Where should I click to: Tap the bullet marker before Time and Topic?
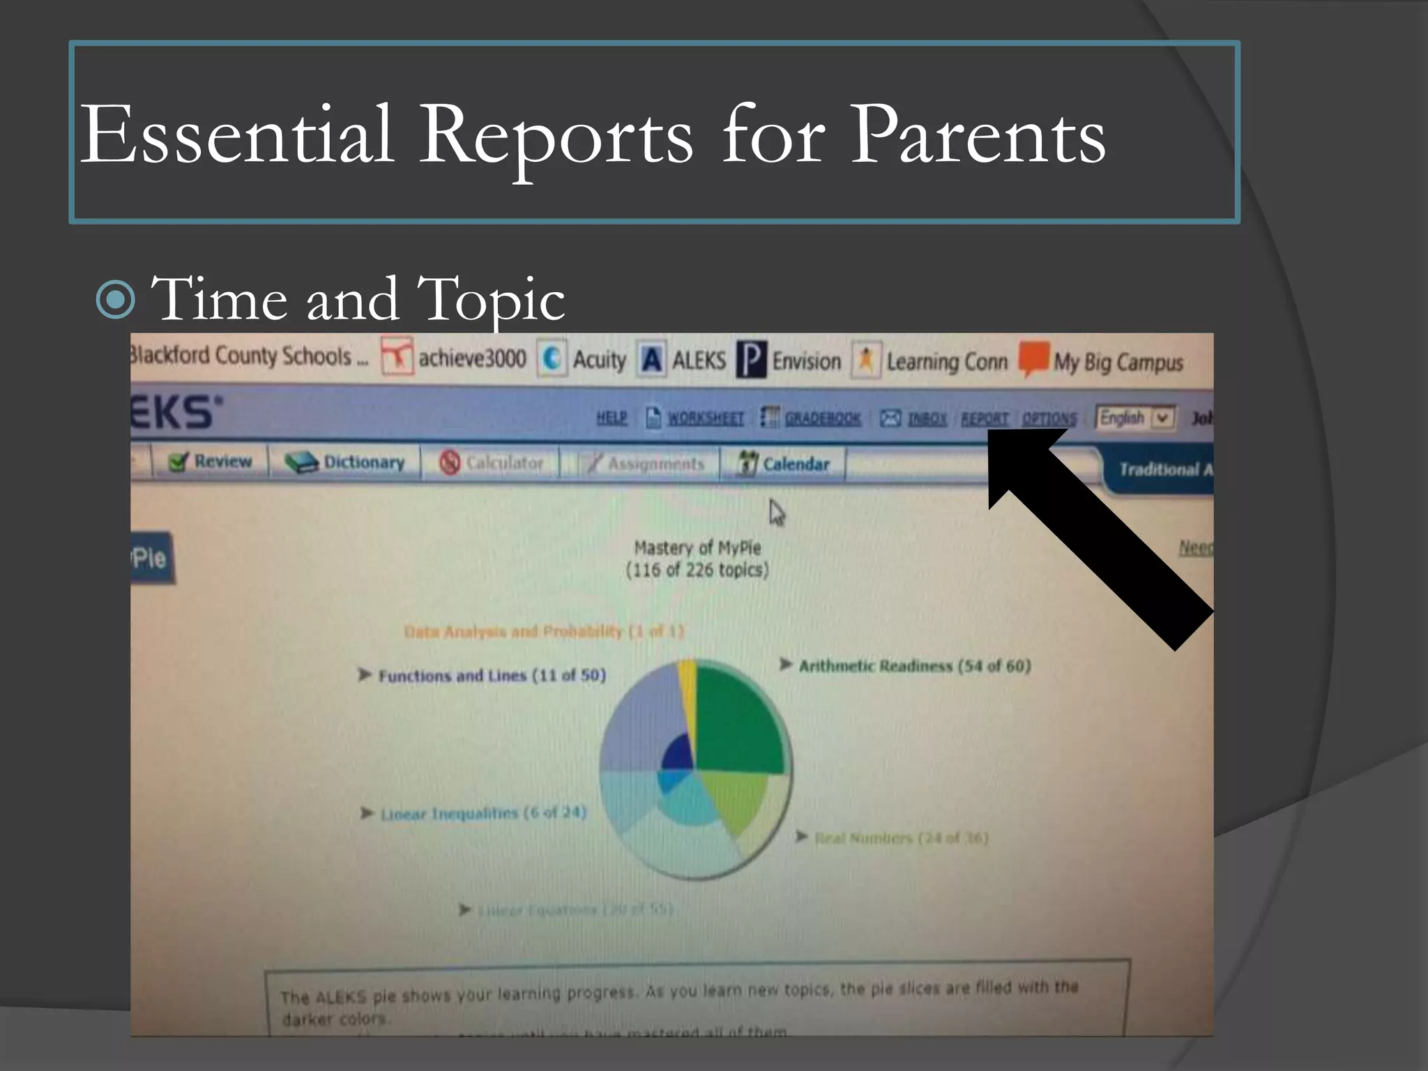click(116, 300)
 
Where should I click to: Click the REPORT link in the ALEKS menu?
click(984, 418)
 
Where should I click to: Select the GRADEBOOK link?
click(822, 418)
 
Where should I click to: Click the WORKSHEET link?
click(705, 418)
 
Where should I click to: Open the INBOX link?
click(927, 418)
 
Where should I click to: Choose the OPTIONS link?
click(1049, 418)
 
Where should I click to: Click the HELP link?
click(612, 417)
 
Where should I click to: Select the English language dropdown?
click(1135, 418)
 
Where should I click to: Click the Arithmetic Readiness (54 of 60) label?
click(913, 666)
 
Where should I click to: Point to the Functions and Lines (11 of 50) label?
click(491, 675)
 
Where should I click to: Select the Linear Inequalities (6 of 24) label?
click(483, 813)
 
